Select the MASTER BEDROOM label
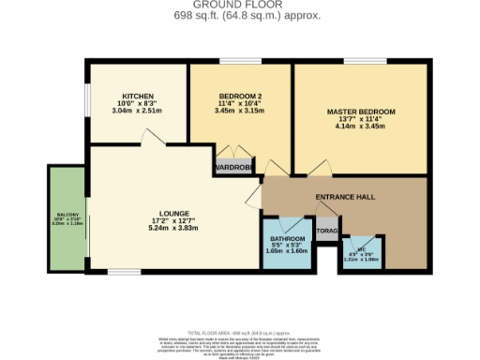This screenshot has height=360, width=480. [x=361, y=112]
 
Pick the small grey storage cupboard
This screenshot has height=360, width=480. [x=326, y=230]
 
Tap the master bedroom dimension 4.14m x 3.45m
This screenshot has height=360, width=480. [x=361, y=126]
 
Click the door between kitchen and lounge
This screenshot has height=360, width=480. [x=150, y=137]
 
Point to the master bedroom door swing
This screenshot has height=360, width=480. [x=302, y=169]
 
